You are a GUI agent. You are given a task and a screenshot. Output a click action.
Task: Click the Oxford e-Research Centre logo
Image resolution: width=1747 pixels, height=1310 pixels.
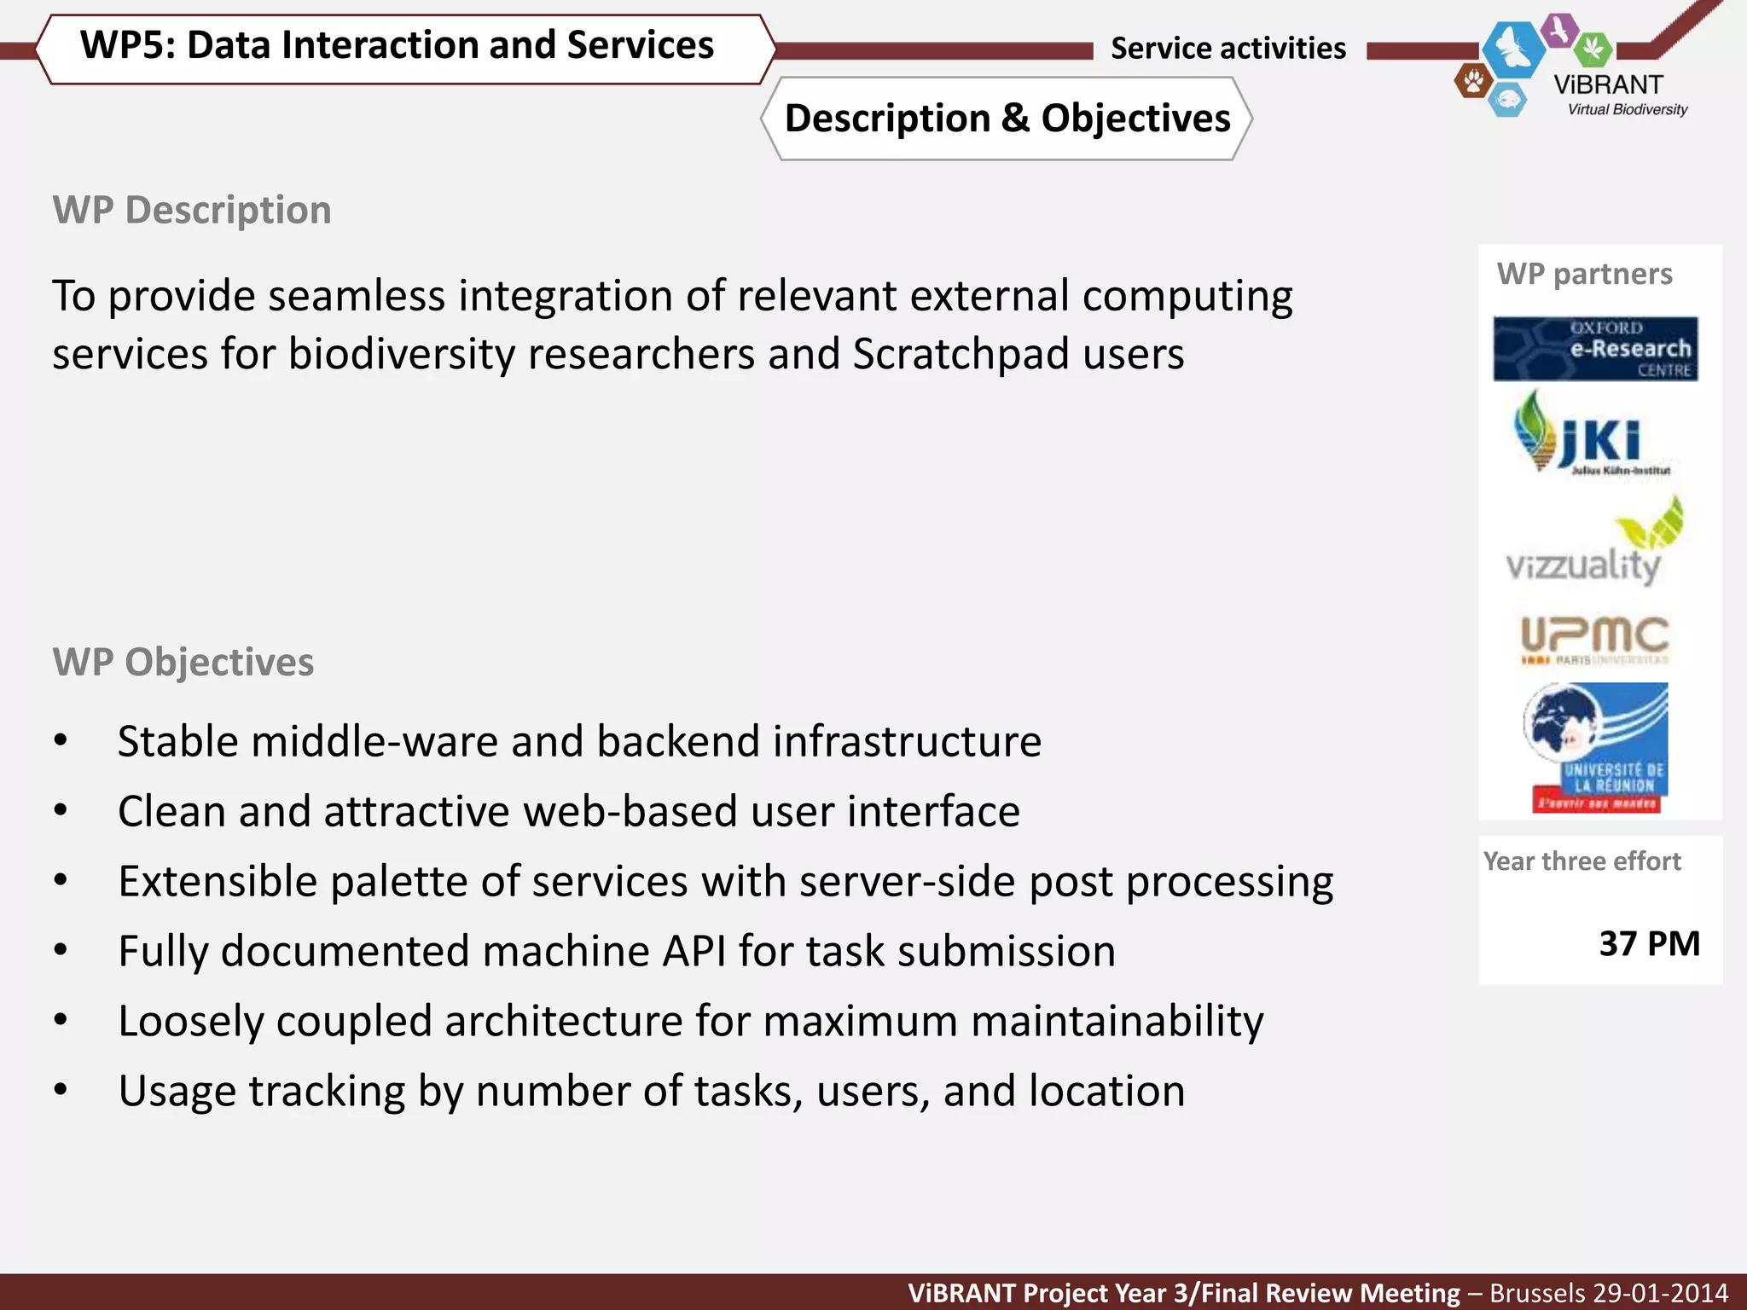pos(1594,349)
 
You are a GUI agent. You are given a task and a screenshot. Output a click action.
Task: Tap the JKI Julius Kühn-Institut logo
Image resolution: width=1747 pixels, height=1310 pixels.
pos(1592,433)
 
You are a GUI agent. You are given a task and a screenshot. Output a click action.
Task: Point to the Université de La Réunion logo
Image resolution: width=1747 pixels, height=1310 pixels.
pos(1596,748)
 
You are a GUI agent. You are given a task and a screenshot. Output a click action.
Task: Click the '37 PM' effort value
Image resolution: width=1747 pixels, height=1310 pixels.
pos(1649,944)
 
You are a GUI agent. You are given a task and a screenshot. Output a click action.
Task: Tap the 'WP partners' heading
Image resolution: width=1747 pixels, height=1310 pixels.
pos(1584,274)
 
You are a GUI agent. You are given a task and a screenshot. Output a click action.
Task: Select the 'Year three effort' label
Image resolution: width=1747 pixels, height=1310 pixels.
pos(1582,861)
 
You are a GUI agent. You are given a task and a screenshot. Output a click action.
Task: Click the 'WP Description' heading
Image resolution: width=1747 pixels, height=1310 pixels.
pos(192,210)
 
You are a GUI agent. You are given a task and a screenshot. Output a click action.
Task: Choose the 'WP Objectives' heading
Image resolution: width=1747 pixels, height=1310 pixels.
pos(183,662)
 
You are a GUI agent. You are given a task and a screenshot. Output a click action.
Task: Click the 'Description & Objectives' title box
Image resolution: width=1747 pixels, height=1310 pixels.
pos(1007,119)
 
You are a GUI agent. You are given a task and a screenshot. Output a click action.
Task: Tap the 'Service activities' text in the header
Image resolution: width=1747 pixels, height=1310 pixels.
pos(1228,49)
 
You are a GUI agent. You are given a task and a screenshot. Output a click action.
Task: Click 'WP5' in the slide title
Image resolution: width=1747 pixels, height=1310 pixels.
pos(125,45)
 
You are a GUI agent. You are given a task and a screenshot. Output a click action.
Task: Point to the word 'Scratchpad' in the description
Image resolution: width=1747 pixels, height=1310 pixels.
pos(961,354)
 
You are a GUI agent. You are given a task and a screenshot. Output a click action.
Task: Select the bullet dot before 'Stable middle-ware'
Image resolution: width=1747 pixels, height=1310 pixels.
pos(61,740)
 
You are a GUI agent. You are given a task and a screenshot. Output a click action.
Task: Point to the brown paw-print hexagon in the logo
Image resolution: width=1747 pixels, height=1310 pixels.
pos(1473,82)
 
